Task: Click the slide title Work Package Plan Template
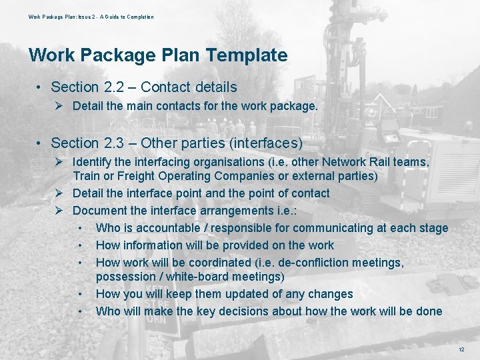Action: (158, 55)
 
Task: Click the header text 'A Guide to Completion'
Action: (127, 17)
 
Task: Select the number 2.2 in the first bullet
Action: (111, 87)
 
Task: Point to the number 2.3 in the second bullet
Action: (111, 143)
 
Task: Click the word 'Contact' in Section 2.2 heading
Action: (165, 87)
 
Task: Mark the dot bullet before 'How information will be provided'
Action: (80, 245)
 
